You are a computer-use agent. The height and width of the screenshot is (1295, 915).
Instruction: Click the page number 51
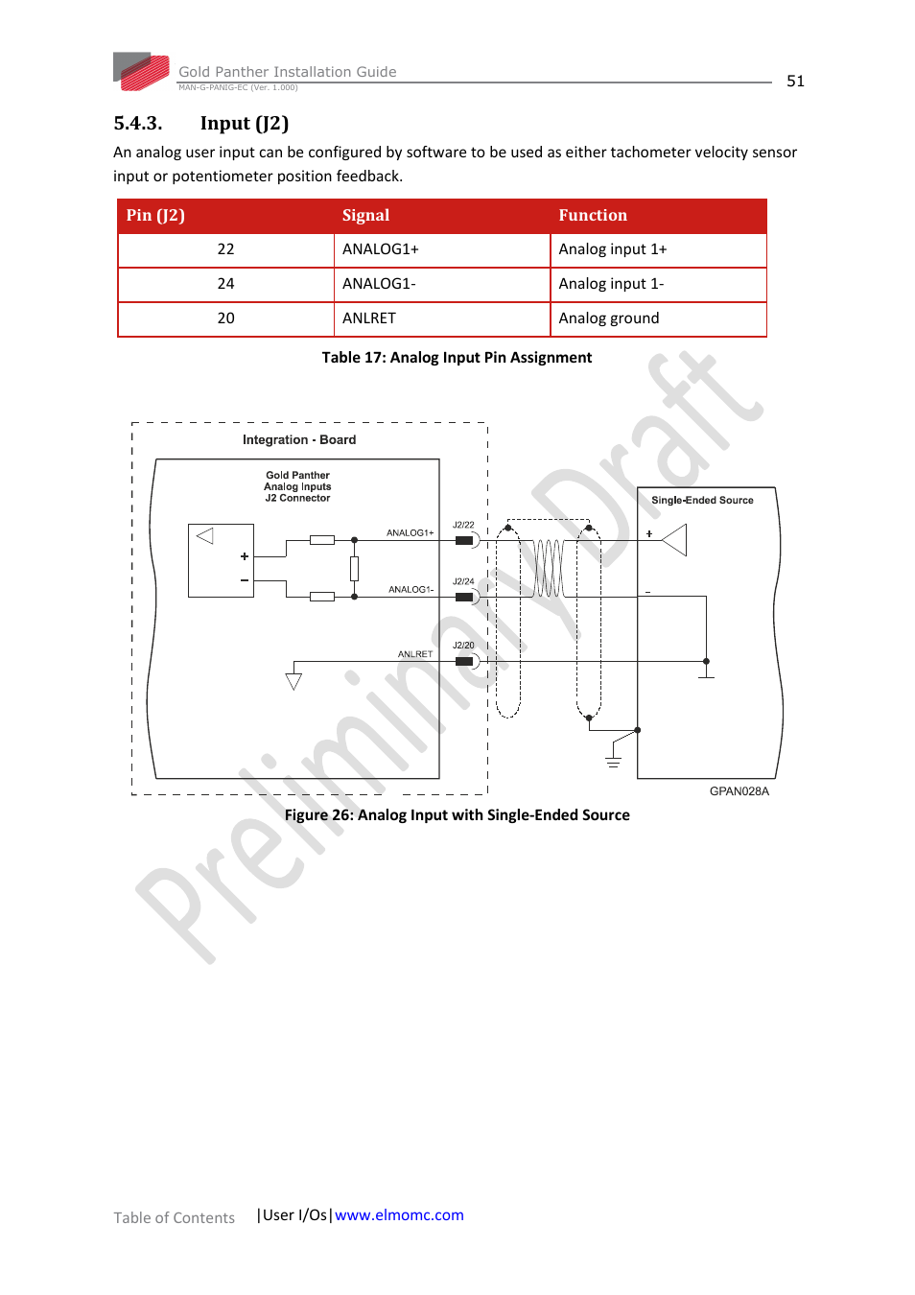pyautogui.click(x=795, y=82)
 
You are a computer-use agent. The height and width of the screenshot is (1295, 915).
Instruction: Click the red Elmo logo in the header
pyautogui.click(x=142, y=72)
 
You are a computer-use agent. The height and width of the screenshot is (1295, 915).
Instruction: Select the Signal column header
pyautogui.click(x=365, y=216)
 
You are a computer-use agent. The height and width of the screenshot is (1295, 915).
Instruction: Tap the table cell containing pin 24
pyautogui.click(x=225, y=284)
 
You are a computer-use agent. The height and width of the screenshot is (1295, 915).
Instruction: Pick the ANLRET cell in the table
pyautogui.click(x=369, y=318)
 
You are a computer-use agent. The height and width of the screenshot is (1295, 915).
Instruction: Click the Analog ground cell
pyautogui.click(x=609, y=318)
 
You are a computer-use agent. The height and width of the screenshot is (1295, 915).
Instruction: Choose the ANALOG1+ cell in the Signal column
pyautogui.click(x=381, y=249)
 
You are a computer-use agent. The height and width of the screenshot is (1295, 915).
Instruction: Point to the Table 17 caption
pyautogui.click(x=457, y=358)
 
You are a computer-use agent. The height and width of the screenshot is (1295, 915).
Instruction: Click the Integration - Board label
pyautogui.click(x=299, y=440)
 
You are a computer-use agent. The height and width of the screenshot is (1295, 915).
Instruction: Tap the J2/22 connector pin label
pyautogui.click(x=463, y=525)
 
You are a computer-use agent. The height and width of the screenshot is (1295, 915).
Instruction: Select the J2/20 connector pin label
pyautogui.click(x=463, y=646)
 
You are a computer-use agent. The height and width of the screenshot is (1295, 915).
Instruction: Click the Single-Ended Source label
pyautogui.click(x=702, y=501)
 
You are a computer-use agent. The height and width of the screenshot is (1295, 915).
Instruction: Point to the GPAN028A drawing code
pyautogui.click(x=739, y=791)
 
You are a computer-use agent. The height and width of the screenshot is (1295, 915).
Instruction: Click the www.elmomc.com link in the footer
pyautogui.click(x=399, y=1215)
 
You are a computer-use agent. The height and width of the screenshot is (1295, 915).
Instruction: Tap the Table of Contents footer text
pyautogui.click(x=174, y=1218)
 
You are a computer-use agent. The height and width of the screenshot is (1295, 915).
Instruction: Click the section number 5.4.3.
pyautogui.click(x=138, y=124)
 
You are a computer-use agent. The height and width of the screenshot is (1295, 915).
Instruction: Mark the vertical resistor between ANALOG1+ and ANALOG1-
pyautogui.click(x=354, y=569)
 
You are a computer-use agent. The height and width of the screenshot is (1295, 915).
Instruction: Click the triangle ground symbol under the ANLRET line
pyautogui.click(x=293, y=681)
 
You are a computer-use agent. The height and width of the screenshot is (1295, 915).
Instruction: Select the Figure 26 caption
pyautogui.click(x=457, y=815)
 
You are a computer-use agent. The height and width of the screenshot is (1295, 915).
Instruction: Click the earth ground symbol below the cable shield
pyautogui.click(x=613, y=762)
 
